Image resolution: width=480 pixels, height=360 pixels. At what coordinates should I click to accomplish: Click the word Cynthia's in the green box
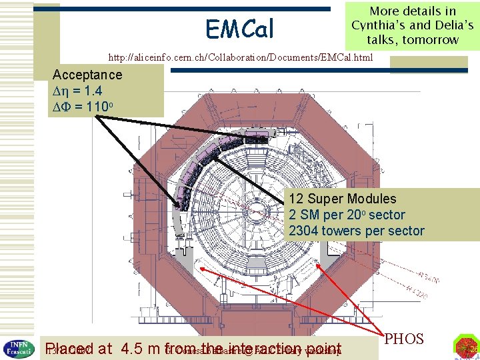tap(381, 25)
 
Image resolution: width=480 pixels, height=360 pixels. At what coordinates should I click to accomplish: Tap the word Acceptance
tap(87, 75)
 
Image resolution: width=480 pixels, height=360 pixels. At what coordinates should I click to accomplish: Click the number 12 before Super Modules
tap(296, 199)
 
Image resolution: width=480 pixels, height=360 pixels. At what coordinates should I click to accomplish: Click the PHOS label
tap(405, 339)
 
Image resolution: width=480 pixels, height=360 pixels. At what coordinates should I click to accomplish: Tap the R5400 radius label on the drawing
tap(429, 277)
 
